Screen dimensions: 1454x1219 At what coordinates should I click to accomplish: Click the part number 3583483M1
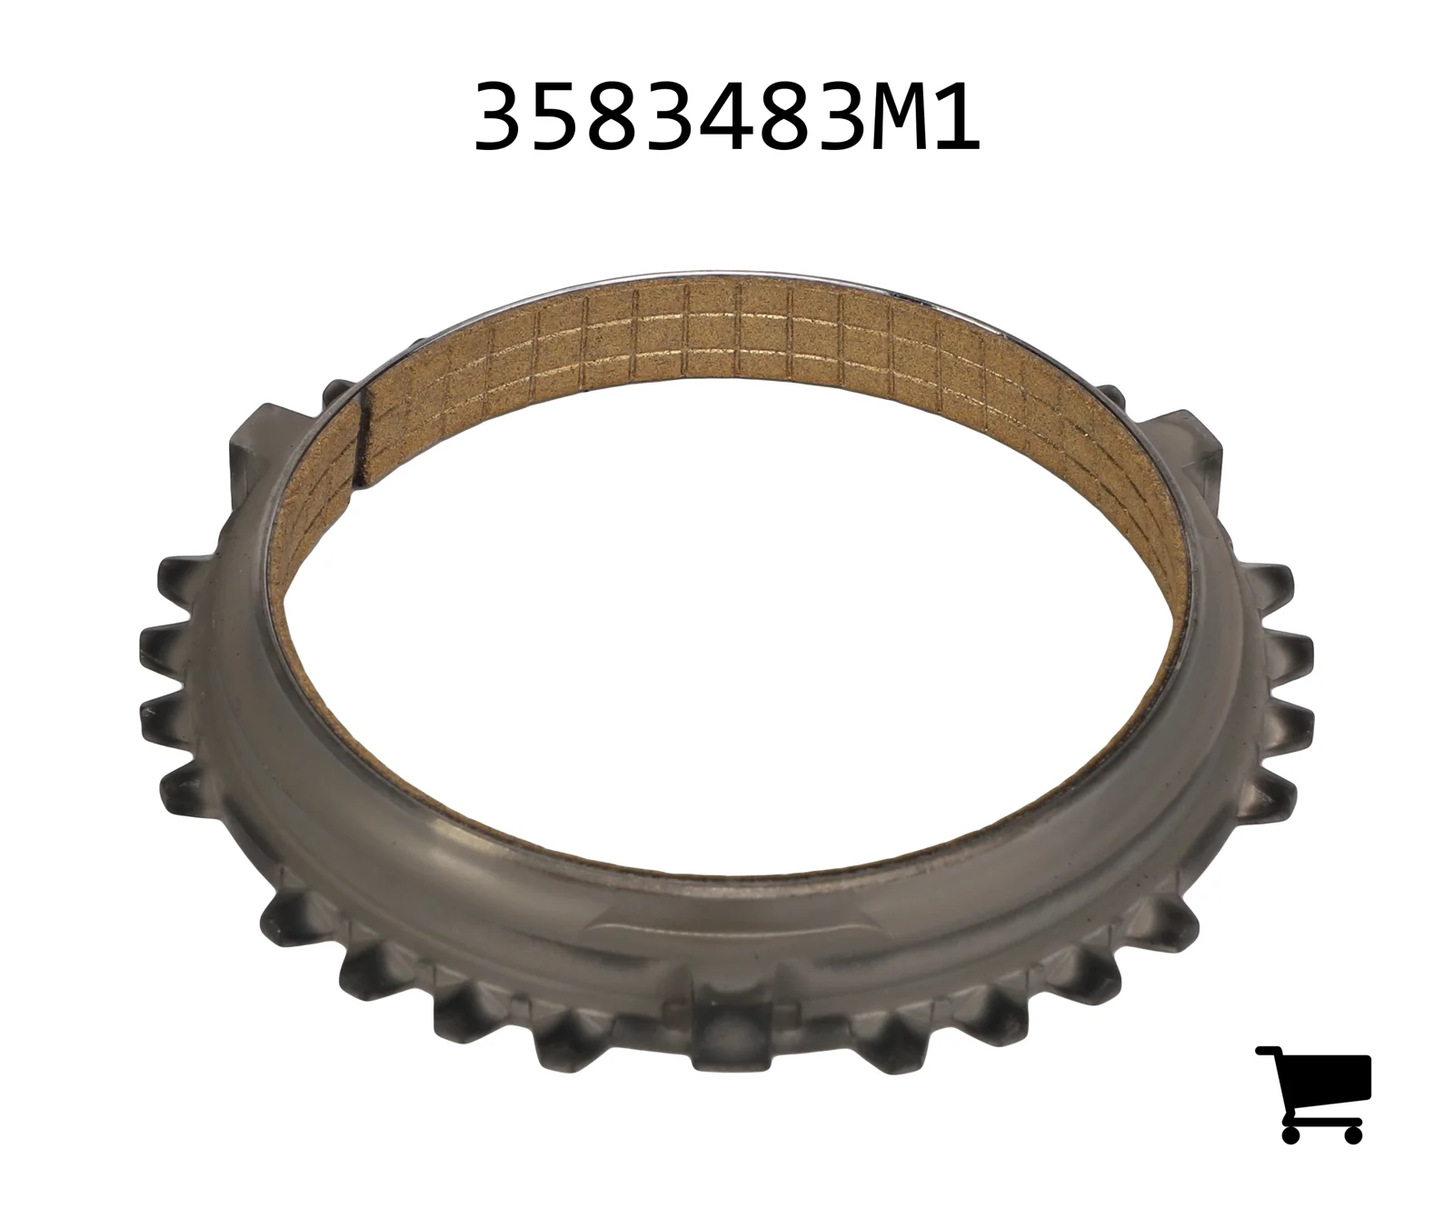tap(727, 116)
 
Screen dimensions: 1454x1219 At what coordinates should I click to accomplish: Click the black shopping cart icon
tap(1313, 1094)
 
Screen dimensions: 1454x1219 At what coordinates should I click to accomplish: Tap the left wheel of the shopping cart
tap(1291, 1134)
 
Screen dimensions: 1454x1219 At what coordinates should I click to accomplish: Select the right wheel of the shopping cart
tap(1352, 1134)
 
